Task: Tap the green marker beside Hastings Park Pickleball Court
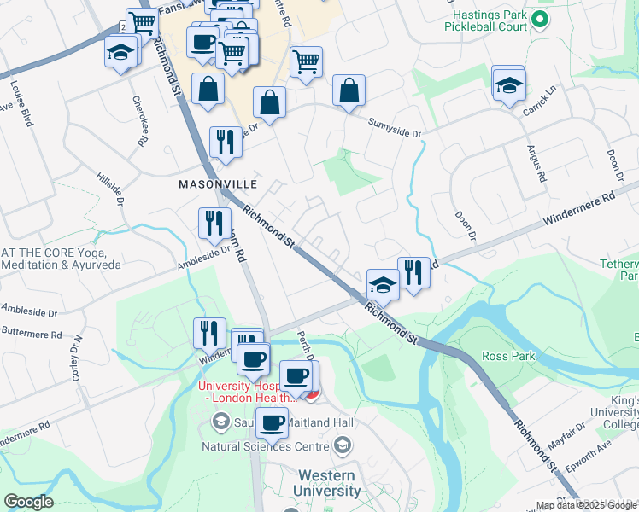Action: (538, 19)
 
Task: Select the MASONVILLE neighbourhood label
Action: (218, 183)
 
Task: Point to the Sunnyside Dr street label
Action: (395, 129)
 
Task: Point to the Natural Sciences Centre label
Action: (266, 445)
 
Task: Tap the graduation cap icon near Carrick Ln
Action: (508, 86)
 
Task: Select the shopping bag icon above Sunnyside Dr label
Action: (349, 92)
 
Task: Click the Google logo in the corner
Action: (28, 502)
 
